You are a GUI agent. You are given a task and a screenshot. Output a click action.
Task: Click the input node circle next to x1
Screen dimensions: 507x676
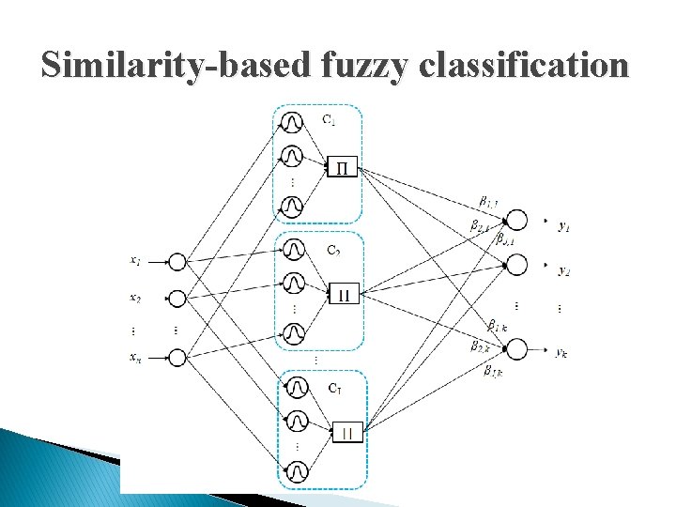pos(177,262)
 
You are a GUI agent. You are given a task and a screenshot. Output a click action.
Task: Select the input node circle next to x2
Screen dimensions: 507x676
pos(177,299)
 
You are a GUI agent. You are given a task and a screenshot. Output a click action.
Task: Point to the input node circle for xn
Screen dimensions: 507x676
pos(177,357)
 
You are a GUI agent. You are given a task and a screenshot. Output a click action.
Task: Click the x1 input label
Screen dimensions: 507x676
pos(135,260)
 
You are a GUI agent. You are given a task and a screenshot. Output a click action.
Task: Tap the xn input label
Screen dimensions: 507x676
pos(135,356)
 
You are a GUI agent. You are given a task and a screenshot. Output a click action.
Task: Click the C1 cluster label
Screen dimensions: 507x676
pos(329,119)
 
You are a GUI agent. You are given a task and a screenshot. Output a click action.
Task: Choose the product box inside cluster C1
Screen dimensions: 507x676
pos(342,168)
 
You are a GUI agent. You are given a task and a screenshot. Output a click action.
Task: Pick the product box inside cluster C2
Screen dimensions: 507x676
pos(343,295)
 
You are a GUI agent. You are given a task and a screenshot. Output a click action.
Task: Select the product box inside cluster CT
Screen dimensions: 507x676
pos(347,433)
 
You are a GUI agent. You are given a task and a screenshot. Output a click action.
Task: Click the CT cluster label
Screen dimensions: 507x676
pos(334,387)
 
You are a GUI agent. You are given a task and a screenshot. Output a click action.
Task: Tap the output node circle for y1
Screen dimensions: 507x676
pos(515,221)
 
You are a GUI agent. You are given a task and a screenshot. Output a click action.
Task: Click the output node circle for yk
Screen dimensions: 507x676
pos(515,349)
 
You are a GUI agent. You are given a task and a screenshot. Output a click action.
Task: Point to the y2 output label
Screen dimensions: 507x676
pos(563,270)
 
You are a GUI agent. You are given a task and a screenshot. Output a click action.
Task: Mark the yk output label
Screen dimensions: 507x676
pos(561,352)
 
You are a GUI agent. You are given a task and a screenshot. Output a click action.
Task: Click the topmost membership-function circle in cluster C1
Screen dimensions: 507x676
pos(293,123)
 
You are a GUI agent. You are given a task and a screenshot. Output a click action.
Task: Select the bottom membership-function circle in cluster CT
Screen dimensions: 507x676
pos(297,470)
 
